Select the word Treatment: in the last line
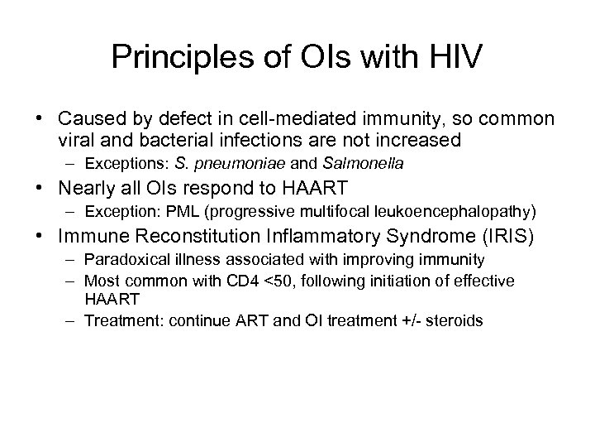click(x=127, y=319)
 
